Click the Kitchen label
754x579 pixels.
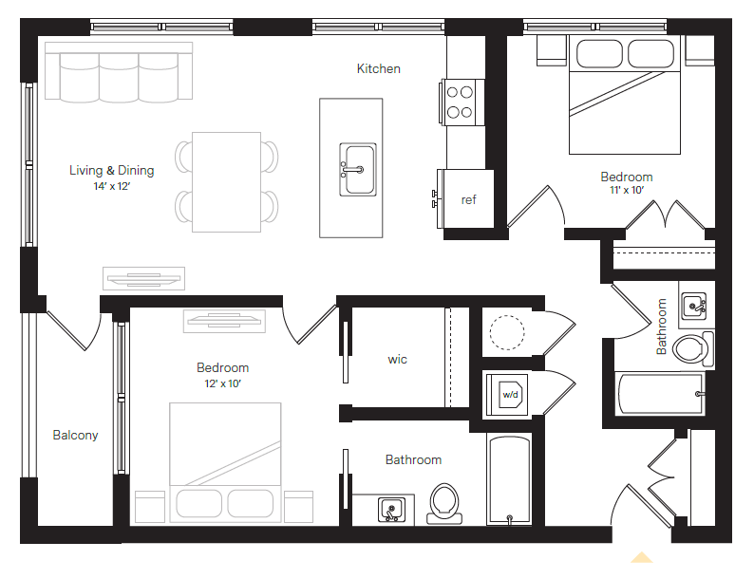coord(378,68)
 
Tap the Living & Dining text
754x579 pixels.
coord(111,171)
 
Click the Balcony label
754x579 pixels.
coord(75,436)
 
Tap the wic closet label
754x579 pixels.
coord(397,360)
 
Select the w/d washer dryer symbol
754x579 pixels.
coord(510,393)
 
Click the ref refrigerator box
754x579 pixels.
coord(467,199)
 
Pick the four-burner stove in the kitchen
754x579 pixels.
coord(461,102)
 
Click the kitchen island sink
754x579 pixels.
coord(358,169)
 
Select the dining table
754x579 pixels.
coord(226,181)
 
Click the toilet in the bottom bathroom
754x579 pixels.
coord(443,504)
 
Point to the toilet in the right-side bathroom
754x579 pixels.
coord(693,347)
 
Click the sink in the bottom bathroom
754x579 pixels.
coord(391,510)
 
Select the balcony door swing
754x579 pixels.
coord(76,327)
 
